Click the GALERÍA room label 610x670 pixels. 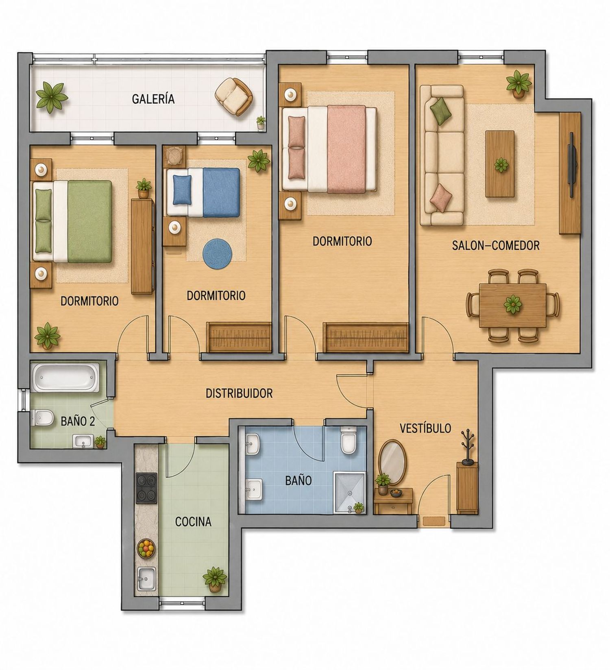tap(153, 99)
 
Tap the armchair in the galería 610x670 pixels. tap(233, 96)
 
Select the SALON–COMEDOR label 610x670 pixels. tap(496, 245)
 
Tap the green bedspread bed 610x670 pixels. tap(72, 221)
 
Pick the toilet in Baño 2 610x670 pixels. tap(42, 417)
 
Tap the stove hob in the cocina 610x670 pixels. tap(146, 488)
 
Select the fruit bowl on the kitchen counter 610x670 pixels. tap(146, 548)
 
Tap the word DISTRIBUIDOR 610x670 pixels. tap(239, 393)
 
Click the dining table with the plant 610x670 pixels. tap(513, 305)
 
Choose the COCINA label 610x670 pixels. tap(193, 522)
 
